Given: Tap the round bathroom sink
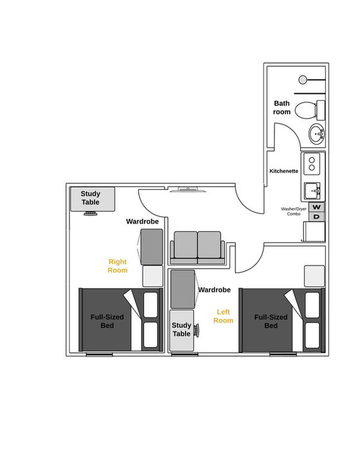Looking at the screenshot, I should tap(316, 134).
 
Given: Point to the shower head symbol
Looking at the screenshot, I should tap(303, 80).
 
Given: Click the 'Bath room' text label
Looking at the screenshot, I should tap(282, 107).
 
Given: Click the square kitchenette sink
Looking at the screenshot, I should tap(312, 191).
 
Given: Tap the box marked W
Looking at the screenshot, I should tap(316, 207).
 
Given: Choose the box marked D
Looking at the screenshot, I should tap(316, 217).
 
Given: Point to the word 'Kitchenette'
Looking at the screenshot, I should tap(283, 171).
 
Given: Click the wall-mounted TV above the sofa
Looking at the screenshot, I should tap(187, 189).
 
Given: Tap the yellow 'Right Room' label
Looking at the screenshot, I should tap(118, 265).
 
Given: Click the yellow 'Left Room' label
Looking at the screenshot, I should tap(223, 316).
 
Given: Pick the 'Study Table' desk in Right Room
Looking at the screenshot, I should tap(93, 199).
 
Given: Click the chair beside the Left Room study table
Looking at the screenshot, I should tap(197, 330).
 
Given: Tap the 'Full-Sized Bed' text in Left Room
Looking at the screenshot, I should tap(271, 321).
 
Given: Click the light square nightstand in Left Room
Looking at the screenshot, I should tap(314, 276).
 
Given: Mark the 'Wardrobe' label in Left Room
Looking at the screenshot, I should tap(214, 290).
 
